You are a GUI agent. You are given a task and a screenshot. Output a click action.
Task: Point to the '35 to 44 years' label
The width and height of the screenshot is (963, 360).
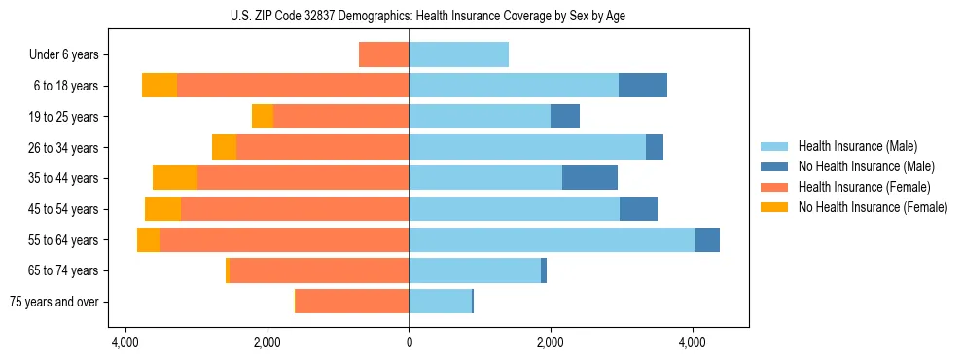click(64, 178)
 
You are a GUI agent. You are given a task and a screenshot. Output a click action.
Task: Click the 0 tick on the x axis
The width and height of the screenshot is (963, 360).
click(409, 342)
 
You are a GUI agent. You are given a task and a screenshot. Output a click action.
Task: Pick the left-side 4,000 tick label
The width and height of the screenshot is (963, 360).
click(125, 342)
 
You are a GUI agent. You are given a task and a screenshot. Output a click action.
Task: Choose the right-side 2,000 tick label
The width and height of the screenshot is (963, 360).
click(551, 342)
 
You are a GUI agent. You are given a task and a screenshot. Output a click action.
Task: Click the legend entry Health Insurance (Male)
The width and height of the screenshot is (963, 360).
click(852, 146)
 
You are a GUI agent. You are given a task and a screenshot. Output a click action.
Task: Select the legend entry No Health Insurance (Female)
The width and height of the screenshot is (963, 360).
click(873, 207)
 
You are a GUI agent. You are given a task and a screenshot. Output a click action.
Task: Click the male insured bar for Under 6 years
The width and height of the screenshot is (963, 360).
click(458, 54)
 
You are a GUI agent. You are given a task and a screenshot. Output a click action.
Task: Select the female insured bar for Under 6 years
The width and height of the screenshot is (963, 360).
click(384, 54)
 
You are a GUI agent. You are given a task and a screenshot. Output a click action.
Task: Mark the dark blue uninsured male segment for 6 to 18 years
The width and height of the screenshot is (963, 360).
click(643, 86)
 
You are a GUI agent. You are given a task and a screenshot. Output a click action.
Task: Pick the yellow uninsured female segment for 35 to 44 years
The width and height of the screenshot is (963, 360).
click(175, 178)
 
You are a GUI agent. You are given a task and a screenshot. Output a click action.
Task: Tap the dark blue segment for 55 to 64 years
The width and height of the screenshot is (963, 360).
click(707, 239)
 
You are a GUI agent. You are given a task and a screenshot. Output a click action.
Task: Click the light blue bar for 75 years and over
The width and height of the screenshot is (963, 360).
click(440, 302)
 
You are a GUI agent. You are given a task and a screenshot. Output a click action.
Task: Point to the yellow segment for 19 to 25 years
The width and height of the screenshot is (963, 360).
click(263, 117)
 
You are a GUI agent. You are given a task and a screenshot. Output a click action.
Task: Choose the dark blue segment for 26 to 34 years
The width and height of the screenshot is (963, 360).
click(655, 147)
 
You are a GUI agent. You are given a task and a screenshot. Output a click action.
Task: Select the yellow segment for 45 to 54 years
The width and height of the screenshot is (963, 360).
click(163, 209)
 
